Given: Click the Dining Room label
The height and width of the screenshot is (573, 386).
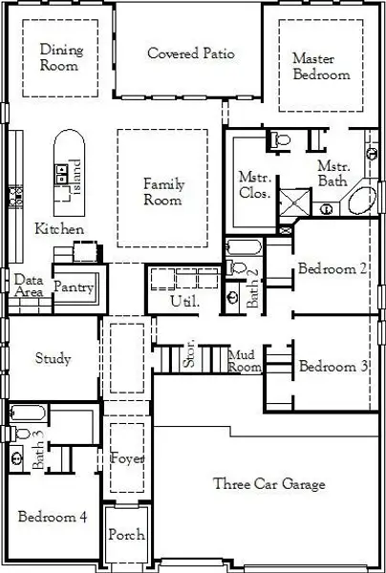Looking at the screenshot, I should point(60,57).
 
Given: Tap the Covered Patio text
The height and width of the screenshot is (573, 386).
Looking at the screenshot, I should point(191,53).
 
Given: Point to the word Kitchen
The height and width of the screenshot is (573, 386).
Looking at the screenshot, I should point(59,229).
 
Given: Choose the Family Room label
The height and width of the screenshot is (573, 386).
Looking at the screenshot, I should point(162,192).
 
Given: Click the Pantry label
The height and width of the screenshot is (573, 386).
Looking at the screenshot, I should point(74,286).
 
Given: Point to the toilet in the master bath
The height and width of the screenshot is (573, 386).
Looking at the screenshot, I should point(280,141).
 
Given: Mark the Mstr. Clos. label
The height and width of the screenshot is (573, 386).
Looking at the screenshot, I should point(254,183).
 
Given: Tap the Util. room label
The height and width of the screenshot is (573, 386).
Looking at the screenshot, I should point(181,302).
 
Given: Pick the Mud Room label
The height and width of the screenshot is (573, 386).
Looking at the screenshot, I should point(246,360).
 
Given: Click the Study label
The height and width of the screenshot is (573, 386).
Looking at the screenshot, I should point(54,359).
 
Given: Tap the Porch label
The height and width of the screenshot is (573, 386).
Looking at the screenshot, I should point(126,536).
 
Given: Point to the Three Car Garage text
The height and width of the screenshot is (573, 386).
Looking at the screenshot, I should point(268,484).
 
